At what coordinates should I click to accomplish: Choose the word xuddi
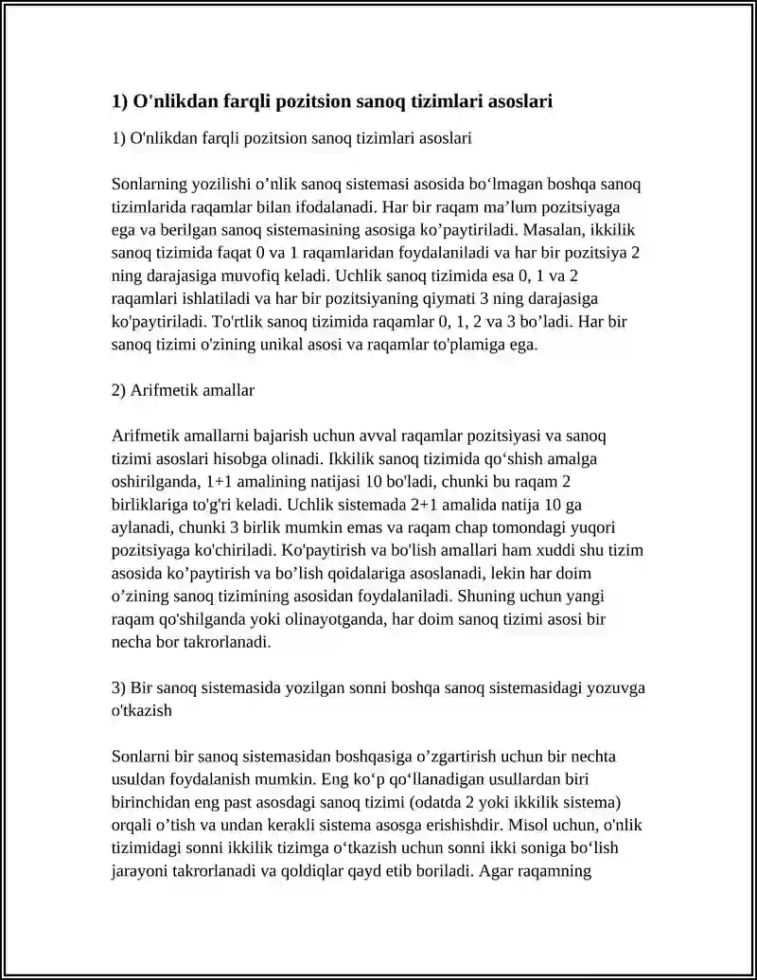(x=514, y=551)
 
